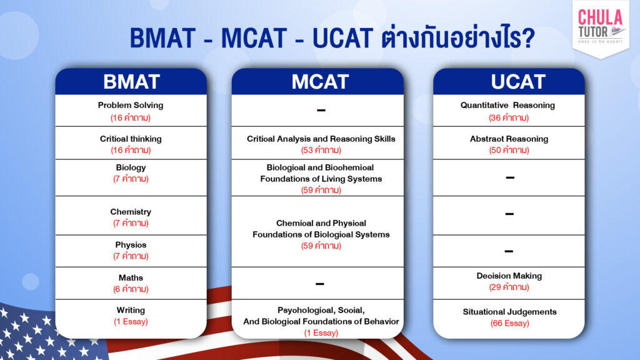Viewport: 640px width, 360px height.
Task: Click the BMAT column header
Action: tap(131, 81)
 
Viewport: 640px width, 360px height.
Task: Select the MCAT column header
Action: tap(320, 81)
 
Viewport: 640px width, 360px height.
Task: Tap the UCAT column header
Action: tap(509, 81)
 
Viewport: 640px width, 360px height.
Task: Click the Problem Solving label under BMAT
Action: tap(131, 105)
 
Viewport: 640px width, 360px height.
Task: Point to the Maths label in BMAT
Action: tap(131, 277)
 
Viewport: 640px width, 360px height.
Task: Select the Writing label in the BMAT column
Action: tap(131, 310)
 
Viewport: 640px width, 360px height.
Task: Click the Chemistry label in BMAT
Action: tap(131, 212)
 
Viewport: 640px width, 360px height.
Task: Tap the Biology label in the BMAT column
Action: tap(131, 167)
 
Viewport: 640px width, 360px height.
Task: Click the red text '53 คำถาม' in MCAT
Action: tap(321, 150)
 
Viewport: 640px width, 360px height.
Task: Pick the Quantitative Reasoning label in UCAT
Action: tap(507, 105)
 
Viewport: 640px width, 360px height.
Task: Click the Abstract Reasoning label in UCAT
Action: tap(509, 139)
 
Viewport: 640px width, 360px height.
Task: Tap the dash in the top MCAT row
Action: tap(321, 111)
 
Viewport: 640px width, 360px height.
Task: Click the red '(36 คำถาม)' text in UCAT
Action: tap(509, 117)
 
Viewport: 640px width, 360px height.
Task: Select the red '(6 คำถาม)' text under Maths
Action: tap(131, 289)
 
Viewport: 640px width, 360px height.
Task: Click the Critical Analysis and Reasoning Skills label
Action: tap(321, 139)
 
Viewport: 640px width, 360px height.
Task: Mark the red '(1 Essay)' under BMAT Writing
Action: tap(131, 322)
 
